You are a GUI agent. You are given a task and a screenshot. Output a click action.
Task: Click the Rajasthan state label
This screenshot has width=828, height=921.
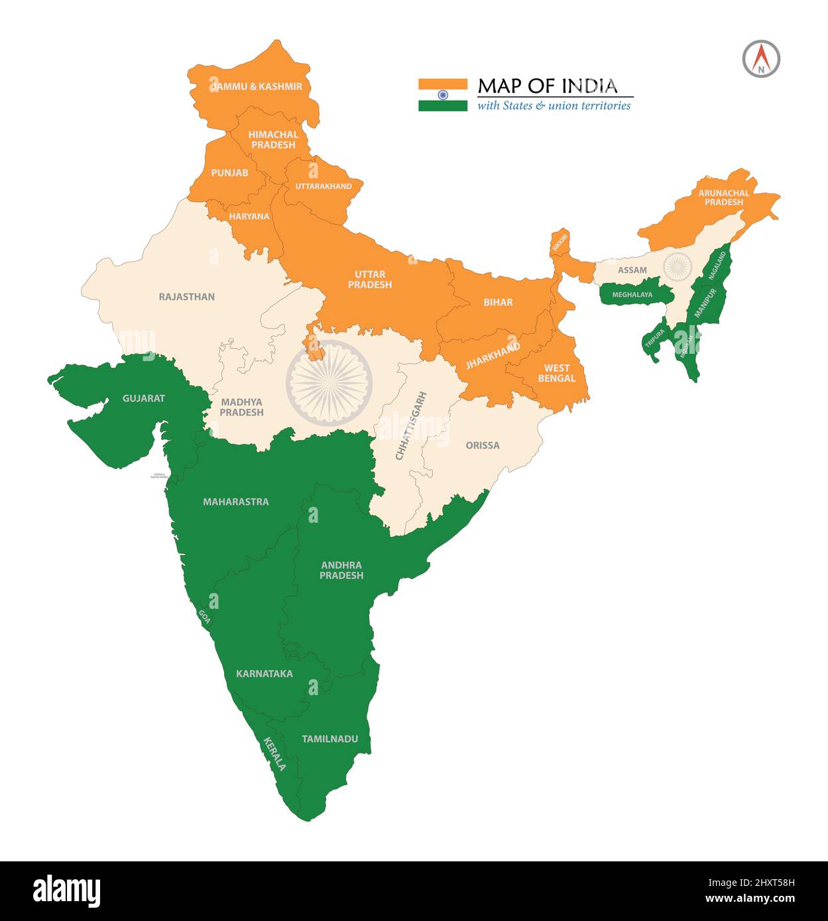(186, 297)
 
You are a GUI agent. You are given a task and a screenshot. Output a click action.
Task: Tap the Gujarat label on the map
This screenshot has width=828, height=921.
(143, 398)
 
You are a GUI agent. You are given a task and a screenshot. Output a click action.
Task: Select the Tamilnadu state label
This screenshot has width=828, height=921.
(329, 739)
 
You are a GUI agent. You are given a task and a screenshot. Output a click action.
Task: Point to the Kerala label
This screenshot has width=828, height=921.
(274, 754)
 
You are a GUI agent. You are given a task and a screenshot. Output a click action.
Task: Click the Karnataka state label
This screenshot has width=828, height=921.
(264, 674)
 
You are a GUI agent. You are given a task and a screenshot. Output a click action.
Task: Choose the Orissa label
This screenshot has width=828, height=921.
(482, 445)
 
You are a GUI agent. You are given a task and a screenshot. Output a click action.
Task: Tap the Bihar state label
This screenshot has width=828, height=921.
(498, 302)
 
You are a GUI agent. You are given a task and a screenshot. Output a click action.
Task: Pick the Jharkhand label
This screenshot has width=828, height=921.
(493, 356)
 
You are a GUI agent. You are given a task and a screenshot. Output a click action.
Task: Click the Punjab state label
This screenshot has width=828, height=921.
(229, 173)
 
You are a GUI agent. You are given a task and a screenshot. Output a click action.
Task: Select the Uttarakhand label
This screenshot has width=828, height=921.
(324, 186)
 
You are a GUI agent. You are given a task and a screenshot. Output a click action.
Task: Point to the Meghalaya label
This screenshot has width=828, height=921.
(632, 294)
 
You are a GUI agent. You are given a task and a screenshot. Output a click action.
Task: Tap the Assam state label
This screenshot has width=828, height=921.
(632, 270)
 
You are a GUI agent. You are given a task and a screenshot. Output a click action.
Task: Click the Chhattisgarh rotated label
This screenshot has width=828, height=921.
(411, 426)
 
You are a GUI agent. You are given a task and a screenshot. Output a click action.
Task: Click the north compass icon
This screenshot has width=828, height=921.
(761, 59)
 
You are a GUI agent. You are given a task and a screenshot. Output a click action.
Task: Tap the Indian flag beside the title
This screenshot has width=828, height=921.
(442, 95)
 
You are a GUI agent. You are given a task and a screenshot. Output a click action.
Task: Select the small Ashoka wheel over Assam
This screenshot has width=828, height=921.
(677, 266)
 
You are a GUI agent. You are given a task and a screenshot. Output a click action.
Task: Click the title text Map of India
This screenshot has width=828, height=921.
(548, 85)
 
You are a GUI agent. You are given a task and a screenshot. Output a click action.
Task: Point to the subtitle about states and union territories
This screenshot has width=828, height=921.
(554, 105)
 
